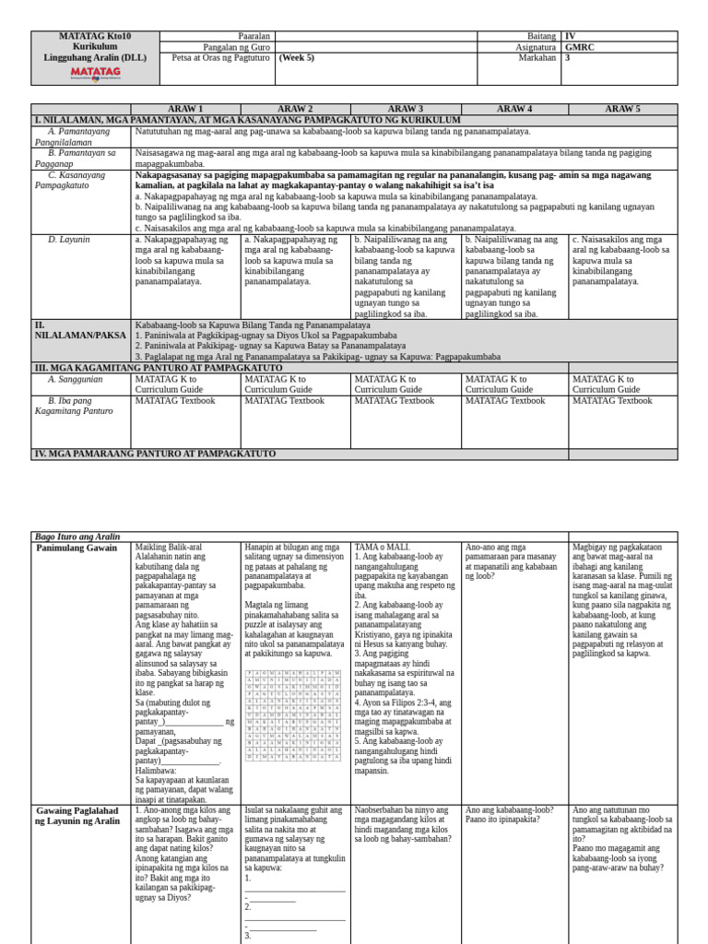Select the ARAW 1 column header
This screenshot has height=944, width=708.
185,109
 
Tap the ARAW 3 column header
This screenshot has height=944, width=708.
405,109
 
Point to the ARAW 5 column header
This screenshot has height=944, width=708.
622,109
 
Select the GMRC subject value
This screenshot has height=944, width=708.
579,47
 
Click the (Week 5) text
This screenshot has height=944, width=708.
297,57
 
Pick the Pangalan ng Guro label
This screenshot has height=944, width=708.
237,47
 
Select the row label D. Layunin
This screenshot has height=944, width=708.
69,240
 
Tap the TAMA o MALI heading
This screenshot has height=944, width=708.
382,547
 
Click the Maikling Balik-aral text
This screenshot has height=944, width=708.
169,547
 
